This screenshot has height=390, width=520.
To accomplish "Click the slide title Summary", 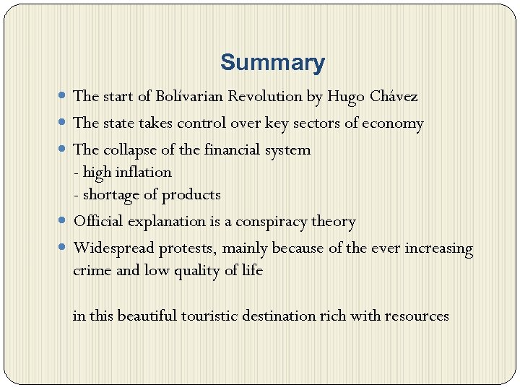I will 272,63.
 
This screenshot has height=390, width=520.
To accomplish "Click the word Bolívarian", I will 189,96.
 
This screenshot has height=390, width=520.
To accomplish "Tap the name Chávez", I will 393,96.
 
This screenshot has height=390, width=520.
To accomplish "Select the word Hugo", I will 345,97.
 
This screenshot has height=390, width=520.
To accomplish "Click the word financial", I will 235,149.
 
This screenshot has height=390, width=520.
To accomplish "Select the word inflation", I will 144,172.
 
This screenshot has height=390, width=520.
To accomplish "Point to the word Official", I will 99,221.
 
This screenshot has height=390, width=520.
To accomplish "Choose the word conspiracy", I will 274,222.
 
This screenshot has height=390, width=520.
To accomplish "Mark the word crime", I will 90,271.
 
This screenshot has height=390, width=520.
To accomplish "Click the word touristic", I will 209,316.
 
